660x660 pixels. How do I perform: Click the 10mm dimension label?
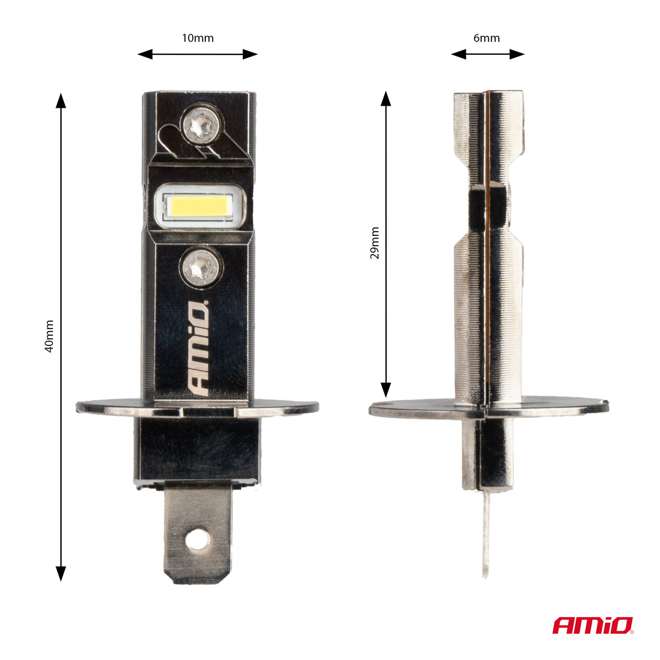pos(197,38)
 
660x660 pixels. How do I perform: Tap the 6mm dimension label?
pos(486,38)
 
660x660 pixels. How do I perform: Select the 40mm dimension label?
pos(49,336)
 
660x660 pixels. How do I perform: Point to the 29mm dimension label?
pos(374,243)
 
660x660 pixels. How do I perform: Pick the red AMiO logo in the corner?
pos(592,625)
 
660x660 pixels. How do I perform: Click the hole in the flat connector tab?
pos(197,539)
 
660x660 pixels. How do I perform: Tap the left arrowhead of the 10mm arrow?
pos(144,54)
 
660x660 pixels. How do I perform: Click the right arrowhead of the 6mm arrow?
pos(518,54)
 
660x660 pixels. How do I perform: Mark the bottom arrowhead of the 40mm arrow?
pos(61,573)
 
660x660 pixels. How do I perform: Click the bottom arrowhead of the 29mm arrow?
pos(386,390)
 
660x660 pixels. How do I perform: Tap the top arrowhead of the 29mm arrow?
pos(386,98)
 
